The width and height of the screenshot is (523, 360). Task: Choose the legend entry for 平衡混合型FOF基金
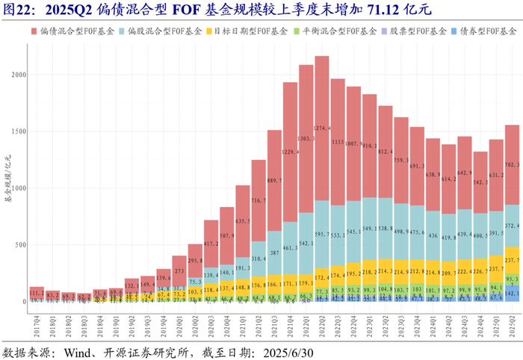coord(335,33)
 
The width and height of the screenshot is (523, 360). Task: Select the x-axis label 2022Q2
coord(322,317)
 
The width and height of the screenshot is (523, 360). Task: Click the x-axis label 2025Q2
coord(512,317)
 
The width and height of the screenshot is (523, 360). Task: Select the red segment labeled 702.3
coord(512,164)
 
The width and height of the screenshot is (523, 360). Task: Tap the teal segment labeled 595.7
coord(322,234)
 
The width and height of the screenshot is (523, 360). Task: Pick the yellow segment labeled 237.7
coord(512,260)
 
